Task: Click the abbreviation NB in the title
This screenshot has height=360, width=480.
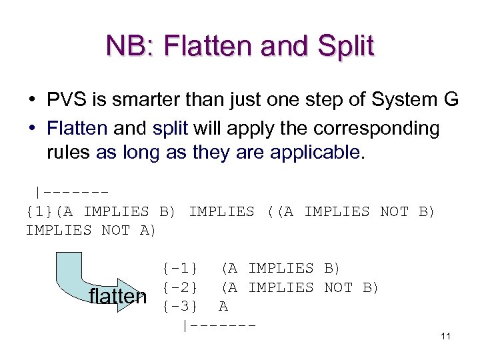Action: [125, 47]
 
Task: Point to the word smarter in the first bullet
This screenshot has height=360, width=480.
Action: [151, 101]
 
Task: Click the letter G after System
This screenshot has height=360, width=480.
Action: [451, 101]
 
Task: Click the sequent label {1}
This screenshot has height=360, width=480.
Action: [41, 211]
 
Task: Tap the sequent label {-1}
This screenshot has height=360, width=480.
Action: [179, 268]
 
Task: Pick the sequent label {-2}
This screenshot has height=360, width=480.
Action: [179, 287]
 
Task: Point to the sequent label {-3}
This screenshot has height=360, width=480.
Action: [179, 307]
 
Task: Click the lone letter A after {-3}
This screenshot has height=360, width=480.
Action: [223, 307]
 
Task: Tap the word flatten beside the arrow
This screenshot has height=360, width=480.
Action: [117, 296]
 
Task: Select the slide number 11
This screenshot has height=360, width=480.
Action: [445, 336]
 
